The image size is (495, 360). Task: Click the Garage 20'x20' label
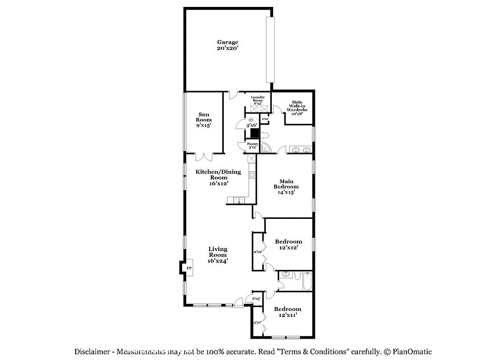pyautogui.click(x=228, y=46)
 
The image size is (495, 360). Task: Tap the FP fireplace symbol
pyautogui.click(x=189, y=268)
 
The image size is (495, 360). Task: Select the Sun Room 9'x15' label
pyautogui.click(x=203, y=120)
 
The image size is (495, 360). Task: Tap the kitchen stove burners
pyautogui.click(x=251, y=174)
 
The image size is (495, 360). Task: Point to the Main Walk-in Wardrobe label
pyautogui.click(x=297, y=107)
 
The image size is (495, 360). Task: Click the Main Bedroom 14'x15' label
pyautogui.click(x=287, y=187)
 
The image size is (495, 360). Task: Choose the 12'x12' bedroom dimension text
pyautogui.click(x=288, y=248)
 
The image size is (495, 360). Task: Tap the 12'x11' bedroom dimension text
pyautogui.click(x=288, y=315)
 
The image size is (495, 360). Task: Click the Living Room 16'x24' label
pyautogui.click(x=218, y=255)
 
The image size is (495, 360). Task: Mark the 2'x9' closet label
pyautogui.click(x=257, y=252)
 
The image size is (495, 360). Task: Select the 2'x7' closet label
pyautogui.click(x=257, y=323)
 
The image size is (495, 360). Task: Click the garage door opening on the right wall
pyautogui.click(x=270, y=50)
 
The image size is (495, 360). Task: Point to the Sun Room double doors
pyautogui.click(x=203, y=156)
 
